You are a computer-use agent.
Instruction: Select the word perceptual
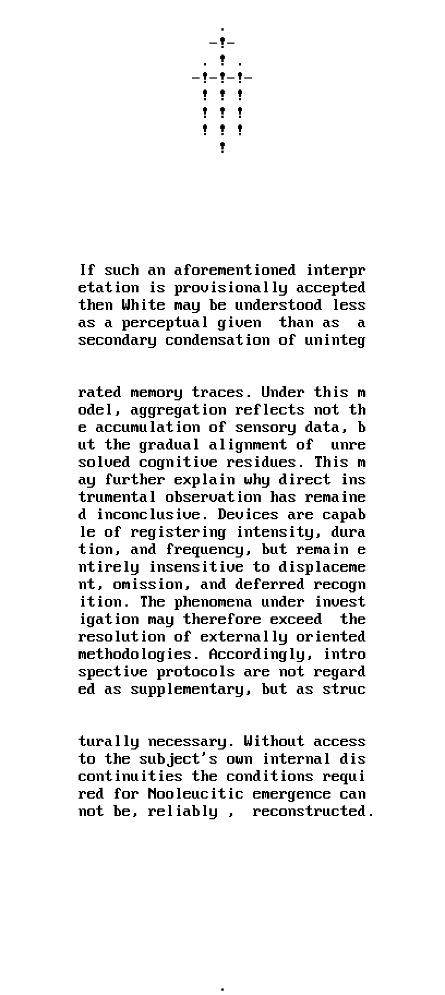[x=165, y=322]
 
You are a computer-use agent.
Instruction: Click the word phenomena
[x=213, y=602]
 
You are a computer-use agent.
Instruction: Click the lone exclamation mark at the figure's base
[x=222, y=147]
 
